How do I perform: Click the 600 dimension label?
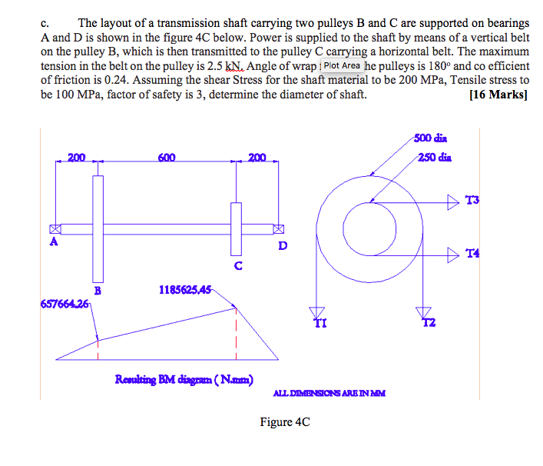click(x=167, y=158)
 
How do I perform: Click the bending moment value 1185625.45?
click(x=184, y=290)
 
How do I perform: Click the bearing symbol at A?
click(x=55, y=229)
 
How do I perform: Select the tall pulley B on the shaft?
click(x=98, y=228)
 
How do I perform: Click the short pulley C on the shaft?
click(x=236, y=228)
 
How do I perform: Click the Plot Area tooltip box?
click(x=342, y=66)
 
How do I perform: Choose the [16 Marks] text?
click(x=498, y=95)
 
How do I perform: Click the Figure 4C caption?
click(x=285, y=421)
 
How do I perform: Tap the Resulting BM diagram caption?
click(x=184, y=378)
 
